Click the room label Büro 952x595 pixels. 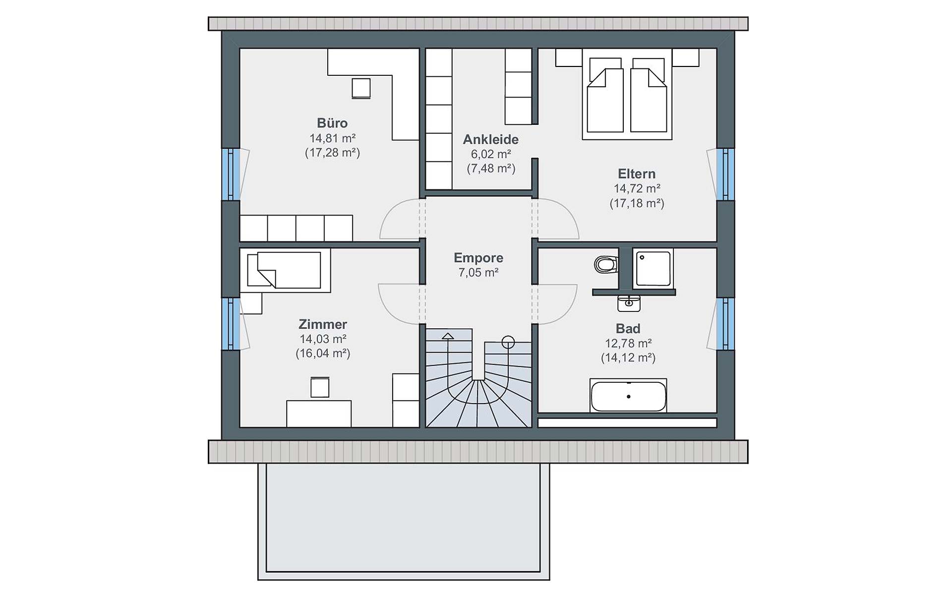click(332, 123)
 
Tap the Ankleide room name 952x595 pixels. click(491, 140)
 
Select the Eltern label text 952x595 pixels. click(637, 174)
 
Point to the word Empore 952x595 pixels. click(478, 258)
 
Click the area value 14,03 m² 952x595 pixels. click(323, 339)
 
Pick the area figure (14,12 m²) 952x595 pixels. click(628, 357)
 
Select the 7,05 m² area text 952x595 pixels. click(478, 272)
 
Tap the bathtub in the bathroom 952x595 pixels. click(628, 396)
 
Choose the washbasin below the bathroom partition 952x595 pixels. click(629, 303)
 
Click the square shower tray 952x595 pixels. click(654, 268)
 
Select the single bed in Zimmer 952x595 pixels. click(285, 270)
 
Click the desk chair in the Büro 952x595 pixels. click(361, 88)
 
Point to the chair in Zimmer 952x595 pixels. click(320, 387)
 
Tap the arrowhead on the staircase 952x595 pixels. click(448, 336)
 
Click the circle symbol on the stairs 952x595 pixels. click(508, 342)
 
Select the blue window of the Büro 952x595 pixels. click(231, 175)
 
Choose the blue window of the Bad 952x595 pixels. click(725, 324)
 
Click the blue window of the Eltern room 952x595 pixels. click(725, 175)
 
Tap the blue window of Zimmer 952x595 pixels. click(231, 324)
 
